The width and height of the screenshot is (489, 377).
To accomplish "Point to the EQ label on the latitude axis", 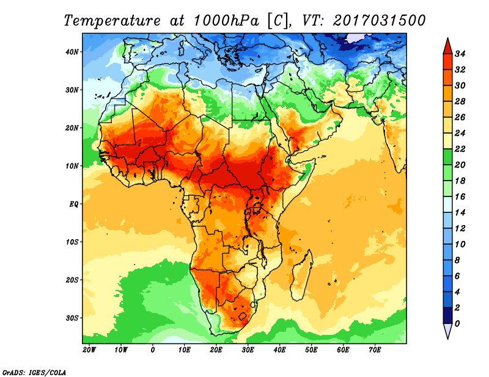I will [x=74, y=203].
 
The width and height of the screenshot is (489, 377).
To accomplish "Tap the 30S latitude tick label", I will [x=73, y=317].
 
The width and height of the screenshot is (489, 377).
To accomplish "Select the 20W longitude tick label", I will [x=89, y=350].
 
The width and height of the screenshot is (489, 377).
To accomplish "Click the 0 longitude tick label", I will [x=152, y=350].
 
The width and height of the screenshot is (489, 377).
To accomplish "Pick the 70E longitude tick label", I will [x=375, y=350].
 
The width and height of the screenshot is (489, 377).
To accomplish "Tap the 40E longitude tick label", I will [x=279, y=350].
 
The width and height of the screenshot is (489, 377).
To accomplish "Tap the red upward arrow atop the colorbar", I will [x=447, y=45].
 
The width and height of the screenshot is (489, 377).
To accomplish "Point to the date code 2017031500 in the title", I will [x=379, y=20].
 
